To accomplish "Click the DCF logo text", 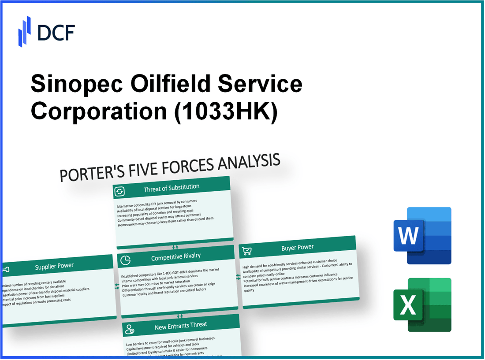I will [56, 32].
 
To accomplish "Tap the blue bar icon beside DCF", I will [24, 31].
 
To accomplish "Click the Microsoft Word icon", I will [422, 236].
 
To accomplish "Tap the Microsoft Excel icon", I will [422, 304].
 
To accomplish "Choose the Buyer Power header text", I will [297, 248].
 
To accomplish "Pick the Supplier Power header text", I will [54, 266].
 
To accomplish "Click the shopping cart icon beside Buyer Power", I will [247, 251].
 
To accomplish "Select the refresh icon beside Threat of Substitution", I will [119, 191].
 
